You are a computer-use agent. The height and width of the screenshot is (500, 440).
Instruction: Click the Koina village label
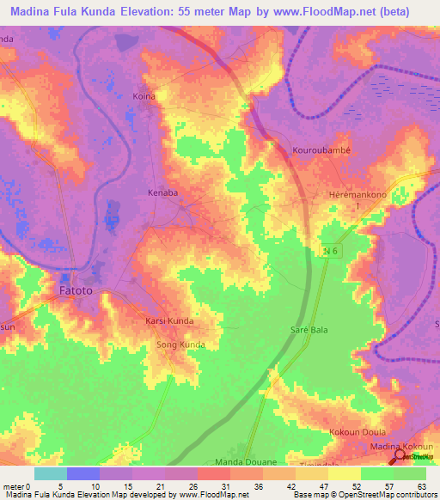pos(144,96)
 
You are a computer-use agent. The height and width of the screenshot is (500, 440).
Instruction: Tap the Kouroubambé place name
pos(321,147)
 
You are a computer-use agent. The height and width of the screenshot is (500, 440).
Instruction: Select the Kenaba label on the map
pos(163,192)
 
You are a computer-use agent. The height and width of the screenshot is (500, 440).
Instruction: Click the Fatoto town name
pos(81,291)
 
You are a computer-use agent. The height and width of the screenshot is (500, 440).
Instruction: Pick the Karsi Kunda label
pos(168,321)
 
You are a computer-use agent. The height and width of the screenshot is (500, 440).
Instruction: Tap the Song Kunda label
pos(180,345)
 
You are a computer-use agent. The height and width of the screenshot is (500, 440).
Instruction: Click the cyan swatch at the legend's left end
pos(50,473)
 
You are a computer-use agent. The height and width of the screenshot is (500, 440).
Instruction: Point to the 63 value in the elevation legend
pos(420,485)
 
